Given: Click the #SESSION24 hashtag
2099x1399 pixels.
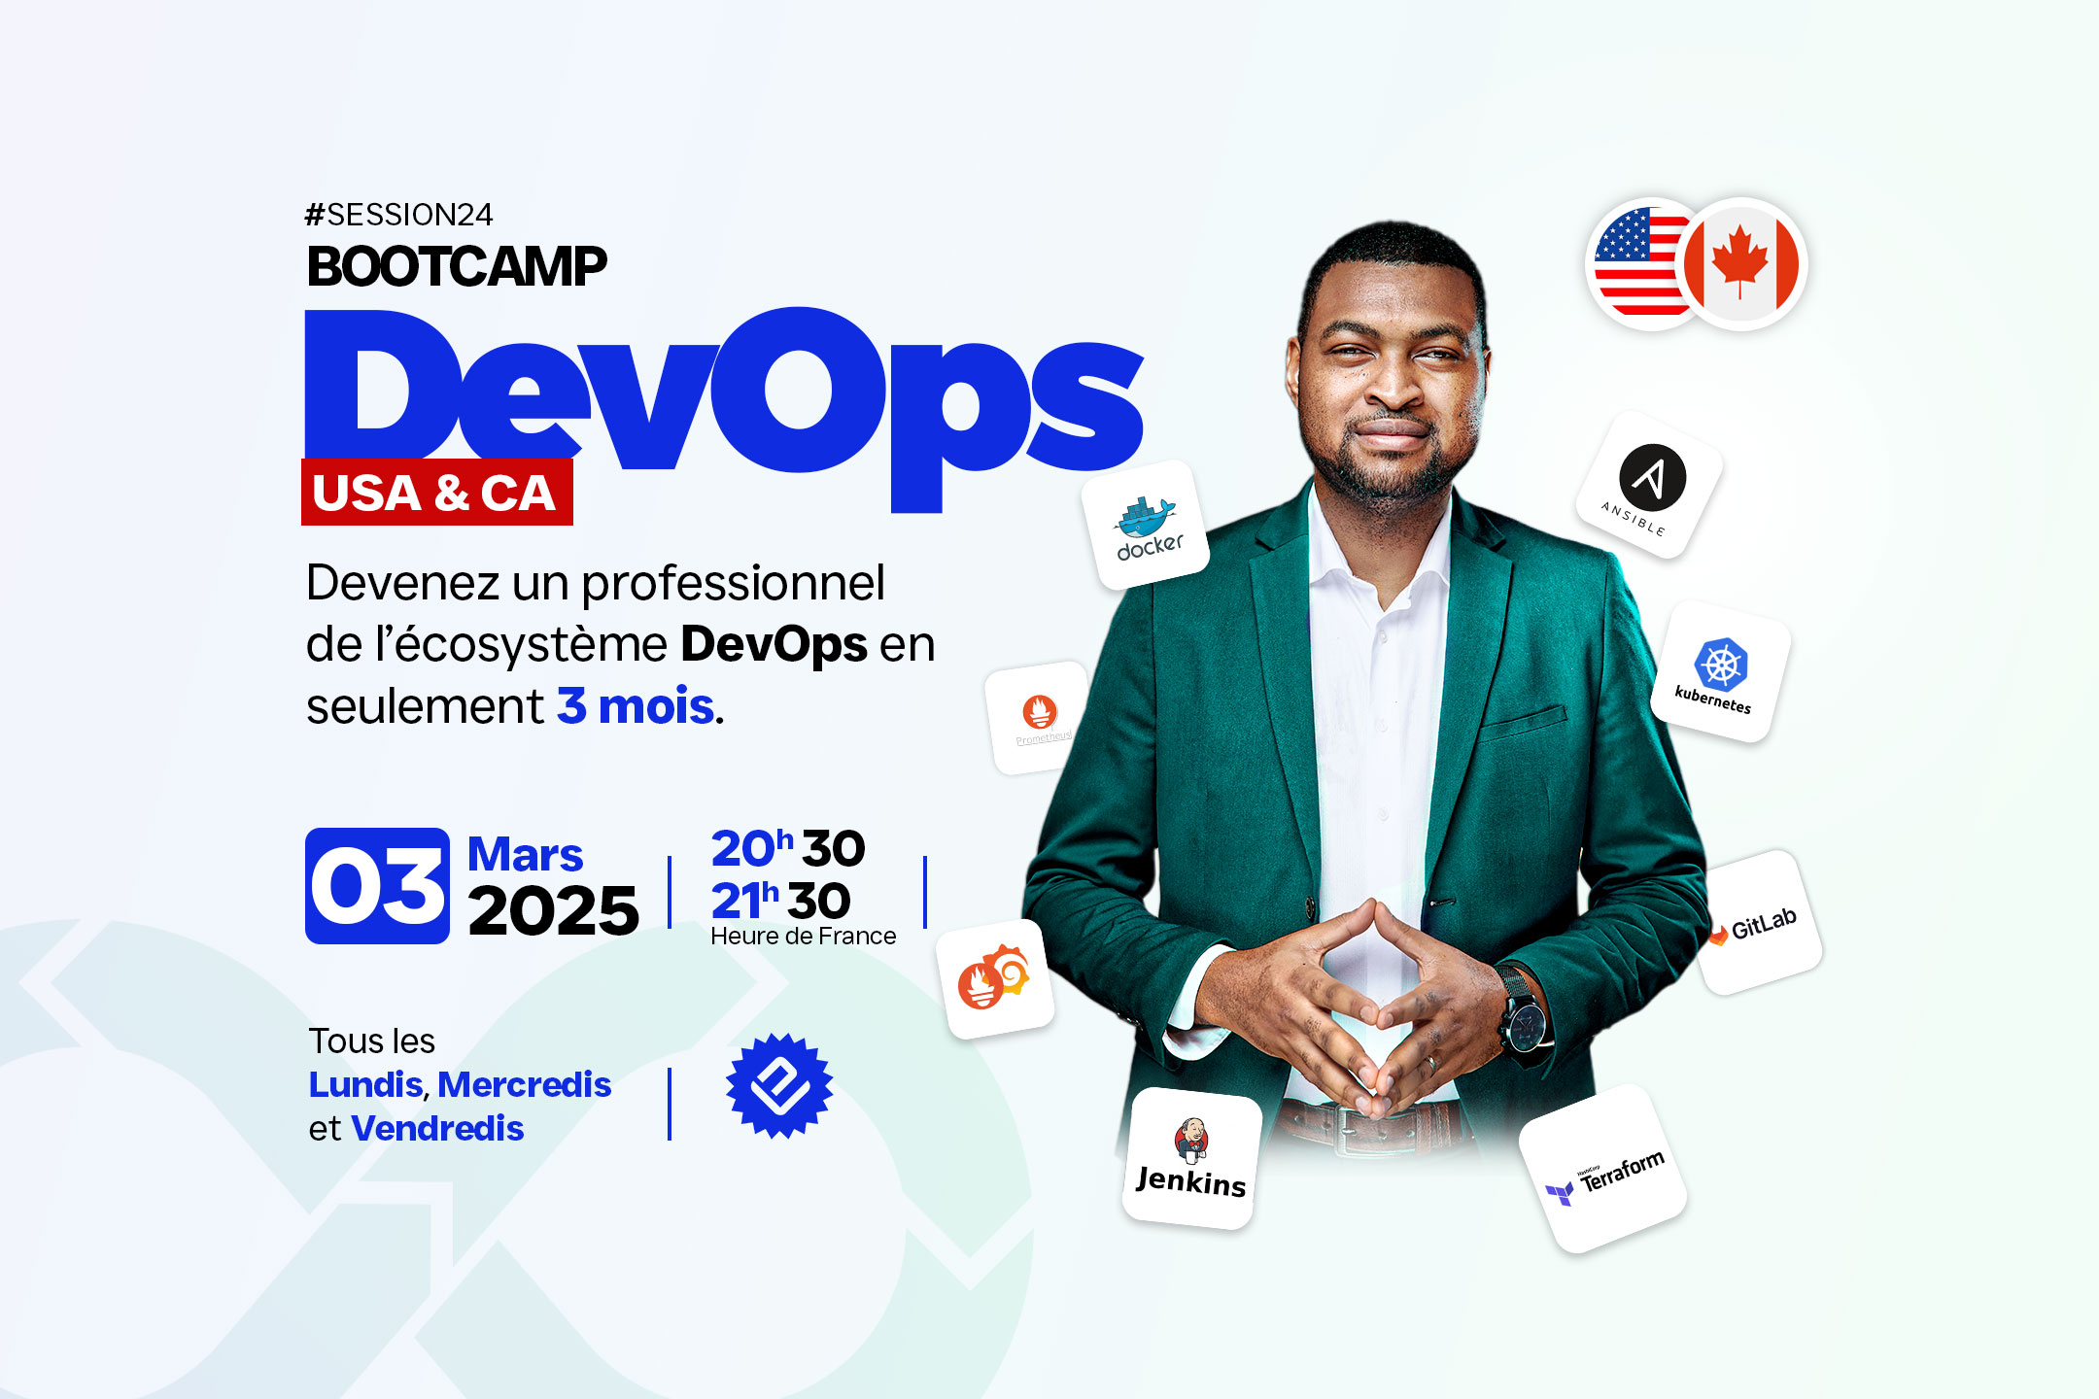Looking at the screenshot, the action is (398, 215).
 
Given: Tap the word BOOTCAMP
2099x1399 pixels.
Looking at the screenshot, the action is (457, 267).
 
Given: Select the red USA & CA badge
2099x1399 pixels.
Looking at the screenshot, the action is (436, 492).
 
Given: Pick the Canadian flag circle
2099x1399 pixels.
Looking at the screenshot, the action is (1741, 264).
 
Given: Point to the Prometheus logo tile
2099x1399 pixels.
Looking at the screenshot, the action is (1038, 717).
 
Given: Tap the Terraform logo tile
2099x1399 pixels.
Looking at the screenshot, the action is (1602, 1169).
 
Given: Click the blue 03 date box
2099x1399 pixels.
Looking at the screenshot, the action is (377, 886).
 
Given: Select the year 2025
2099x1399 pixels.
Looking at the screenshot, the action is (553, 911).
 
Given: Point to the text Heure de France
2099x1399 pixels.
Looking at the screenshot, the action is (804, 936).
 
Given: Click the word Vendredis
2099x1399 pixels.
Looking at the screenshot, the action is (437, 1128).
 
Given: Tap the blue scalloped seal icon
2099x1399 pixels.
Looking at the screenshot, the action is (779, 1085).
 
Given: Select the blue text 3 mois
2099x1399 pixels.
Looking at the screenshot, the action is (637, 706).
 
